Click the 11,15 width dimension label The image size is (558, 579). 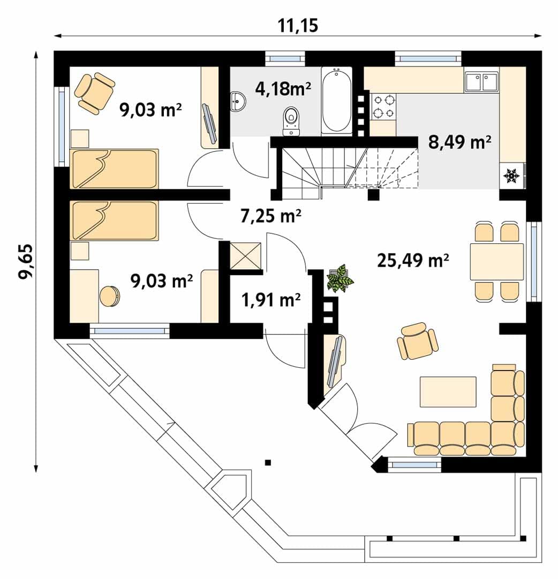click(x=298, y=25)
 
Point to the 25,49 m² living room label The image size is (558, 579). click(x=413, y=261)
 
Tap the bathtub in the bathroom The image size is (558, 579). click(x=336, y=100)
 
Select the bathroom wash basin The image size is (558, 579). click(x=237, y=101)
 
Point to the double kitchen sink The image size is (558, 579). click(x=481, y=82)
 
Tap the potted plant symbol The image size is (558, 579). click(x=339, y=278)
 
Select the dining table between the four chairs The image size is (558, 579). click(x=496, y=262)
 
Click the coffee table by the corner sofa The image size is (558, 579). click(x=448, y=392)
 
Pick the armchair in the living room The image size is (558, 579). click(x=417, y=340)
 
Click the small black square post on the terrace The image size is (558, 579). click(x=268, y=462)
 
